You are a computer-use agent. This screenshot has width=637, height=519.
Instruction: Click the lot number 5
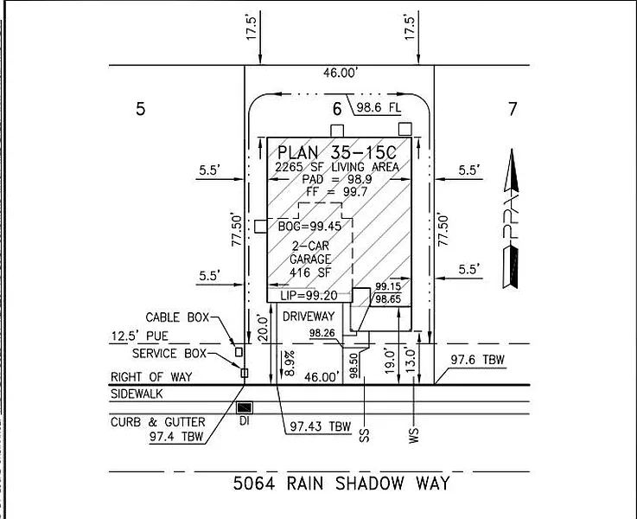[x=140, y=109]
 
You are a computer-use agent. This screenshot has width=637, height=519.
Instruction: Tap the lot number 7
[x=513, y=109]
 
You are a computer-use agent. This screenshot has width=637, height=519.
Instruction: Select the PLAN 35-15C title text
[x=337, y=153]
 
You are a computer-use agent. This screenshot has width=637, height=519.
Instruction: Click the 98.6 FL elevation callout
[x=379, y=108]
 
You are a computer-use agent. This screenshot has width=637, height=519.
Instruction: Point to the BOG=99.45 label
[x=309, y=226]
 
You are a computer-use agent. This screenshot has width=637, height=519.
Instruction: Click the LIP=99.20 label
[x=309, y=296]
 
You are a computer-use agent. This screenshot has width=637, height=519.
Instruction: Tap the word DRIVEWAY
[x=309, y=317]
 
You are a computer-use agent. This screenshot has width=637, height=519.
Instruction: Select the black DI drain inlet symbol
[x=245, y=407]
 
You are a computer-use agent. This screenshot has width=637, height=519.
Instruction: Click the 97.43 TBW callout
[x=320, y=426]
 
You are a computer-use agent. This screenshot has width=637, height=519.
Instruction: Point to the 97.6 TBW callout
[x=477, y=360]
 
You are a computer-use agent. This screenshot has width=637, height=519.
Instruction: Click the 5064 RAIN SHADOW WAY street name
[x=341, y=484]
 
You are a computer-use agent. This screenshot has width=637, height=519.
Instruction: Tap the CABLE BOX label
[x=177, y=317]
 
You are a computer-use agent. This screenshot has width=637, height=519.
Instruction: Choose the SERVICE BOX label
[x=169, y=353]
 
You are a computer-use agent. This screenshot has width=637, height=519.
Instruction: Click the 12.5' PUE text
[x=140, y=336]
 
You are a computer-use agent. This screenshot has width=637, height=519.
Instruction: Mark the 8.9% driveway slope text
[x=290, y=363]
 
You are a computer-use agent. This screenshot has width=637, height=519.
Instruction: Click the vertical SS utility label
[x=365, y=436]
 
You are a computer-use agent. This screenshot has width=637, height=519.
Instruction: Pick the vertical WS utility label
[x=413, y=435]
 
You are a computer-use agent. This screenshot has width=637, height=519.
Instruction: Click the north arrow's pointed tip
[x=512, y=149]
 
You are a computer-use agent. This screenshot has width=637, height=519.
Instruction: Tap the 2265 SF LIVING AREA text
[x=337, y=167]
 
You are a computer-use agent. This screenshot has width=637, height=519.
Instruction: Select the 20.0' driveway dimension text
[x=264, y=329]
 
